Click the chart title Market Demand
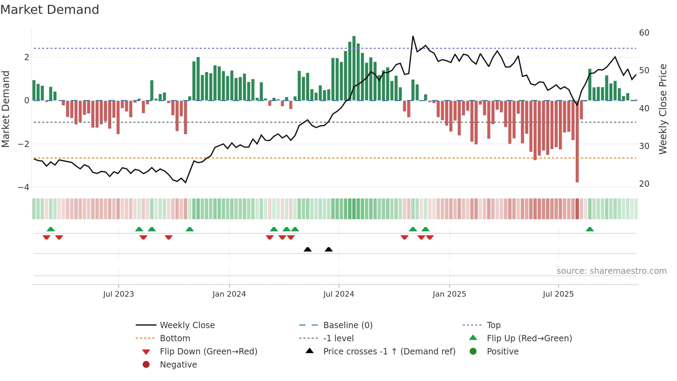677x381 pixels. [50, 10]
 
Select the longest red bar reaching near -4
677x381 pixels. [577, 142]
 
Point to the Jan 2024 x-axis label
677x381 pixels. [229, 294]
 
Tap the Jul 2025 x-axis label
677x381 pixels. [558, 294]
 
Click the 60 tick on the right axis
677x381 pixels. [644, 33]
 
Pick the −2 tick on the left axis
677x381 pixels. [24, 144]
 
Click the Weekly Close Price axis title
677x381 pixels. [662, 109]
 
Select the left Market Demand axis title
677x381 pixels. [6, 109]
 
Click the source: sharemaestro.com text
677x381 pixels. [611, 271]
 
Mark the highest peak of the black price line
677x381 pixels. [413, 36]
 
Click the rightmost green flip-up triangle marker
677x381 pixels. [590, 229]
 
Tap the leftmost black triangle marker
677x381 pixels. [307, 249]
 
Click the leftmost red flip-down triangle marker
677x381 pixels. [46, 237]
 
